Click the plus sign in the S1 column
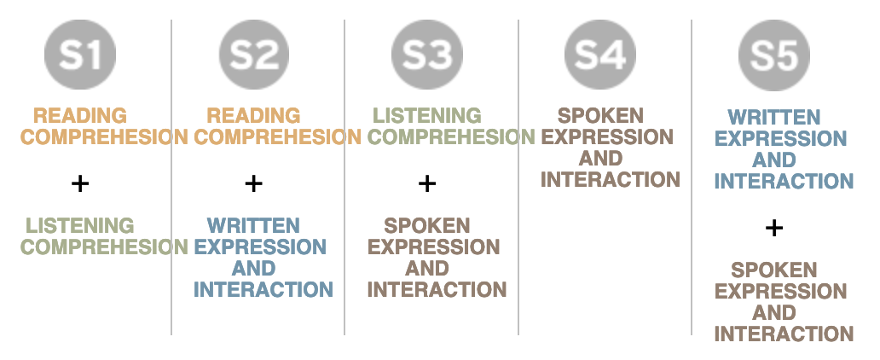(x=80, y=183)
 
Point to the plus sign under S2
(x=253, y=183)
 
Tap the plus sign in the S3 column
(x=427, y=183)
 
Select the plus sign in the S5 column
(x=773, y=227)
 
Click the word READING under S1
(x=80, y=115)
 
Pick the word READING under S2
(x=254, y=115)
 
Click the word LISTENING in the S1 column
(x=80, y=226)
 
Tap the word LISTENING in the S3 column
(x=427, y=115)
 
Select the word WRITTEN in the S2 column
(x=253, y=226)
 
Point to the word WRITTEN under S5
(x=774, y=117)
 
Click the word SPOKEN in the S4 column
(x=600, y=115)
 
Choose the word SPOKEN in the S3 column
(x=427, y=226)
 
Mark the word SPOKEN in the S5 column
(x=774, y=270)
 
